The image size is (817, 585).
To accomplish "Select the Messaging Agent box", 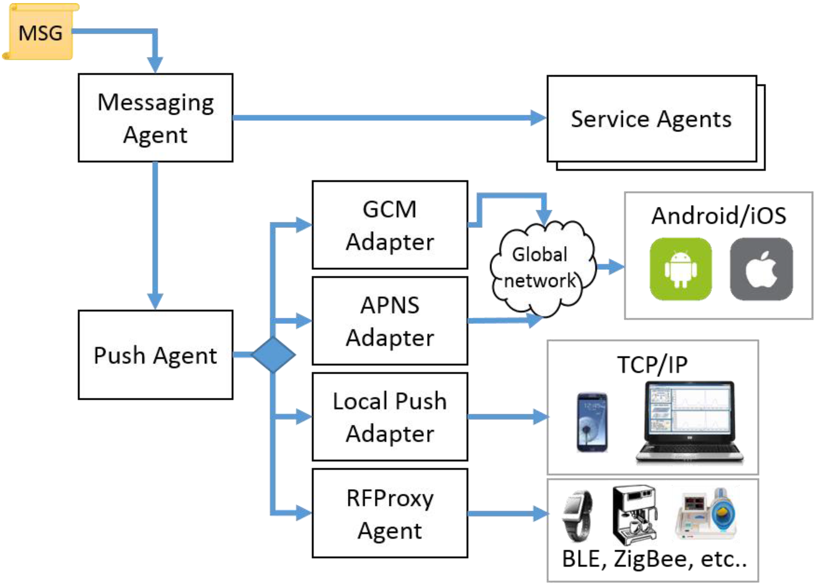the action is (155, 118).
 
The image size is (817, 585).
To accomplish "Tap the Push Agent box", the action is (155, 355).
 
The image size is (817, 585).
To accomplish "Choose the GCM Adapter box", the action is (390, 225).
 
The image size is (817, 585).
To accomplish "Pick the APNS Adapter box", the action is (390, 321).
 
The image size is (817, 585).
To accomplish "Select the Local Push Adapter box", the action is (390, 417).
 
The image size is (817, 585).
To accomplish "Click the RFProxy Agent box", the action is (390, 513).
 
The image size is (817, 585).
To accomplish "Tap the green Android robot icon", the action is (681, 269).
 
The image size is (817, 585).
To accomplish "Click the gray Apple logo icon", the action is (761, 269).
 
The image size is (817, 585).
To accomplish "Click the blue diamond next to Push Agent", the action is (274, 354).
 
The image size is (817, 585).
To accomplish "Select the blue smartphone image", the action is (592, 422).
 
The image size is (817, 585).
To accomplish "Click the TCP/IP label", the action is (652, 365).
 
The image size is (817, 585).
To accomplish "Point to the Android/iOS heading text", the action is (719, 215).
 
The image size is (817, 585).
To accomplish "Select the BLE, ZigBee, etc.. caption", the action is (654, 559).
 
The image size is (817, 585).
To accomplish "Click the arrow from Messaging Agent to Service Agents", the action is (390, 118).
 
